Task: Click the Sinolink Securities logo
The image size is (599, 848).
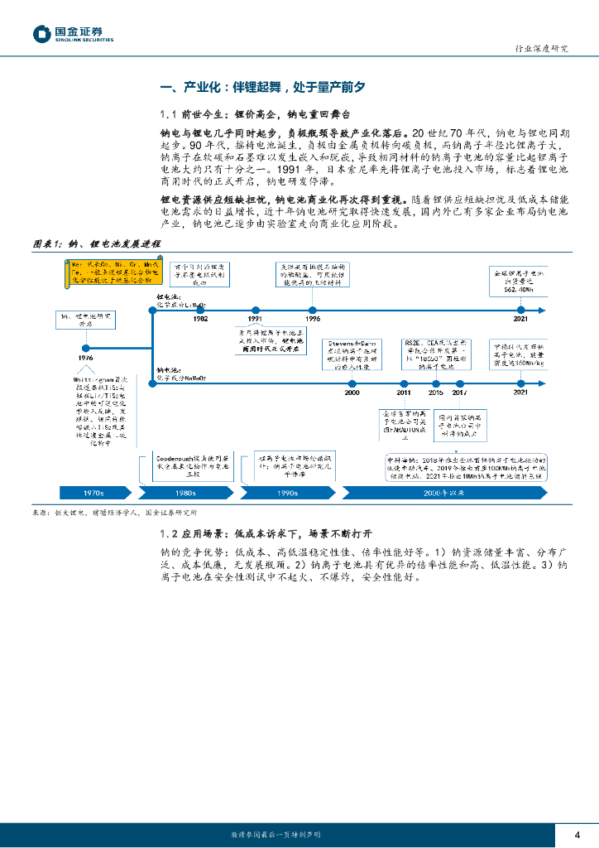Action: pos(73,34)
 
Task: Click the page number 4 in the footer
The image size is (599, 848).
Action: pos(577,834)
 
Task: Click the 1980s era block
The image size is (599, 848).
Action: pos(186,493)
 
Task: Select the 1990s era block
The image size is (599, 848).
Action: pos(286,493)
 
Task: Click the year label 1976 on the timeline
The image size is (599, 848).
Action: pos(86,356)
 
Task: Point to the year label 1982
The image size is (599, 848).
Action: pos(200,318)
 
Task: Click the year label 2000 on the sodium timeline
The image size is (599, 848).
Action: pos(352,393)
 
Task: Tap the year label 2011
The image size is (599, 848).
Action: pos(404,393)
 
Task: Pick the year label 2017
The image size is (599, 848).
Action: pos(460,393)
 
